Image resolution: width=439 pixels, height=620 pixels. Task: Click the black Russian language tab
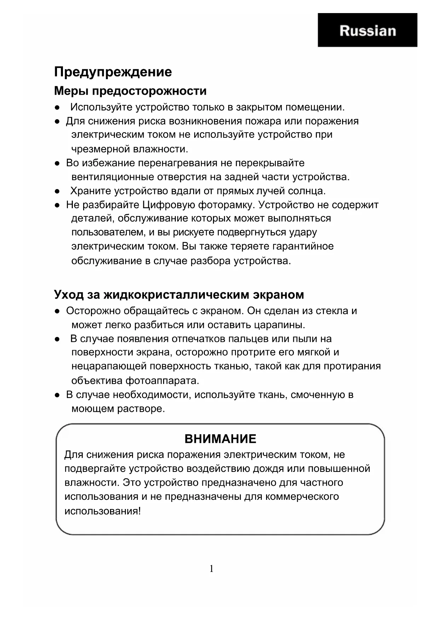[367, 30]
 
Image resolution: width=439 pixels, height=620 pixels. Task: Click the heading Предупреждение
[113, 72]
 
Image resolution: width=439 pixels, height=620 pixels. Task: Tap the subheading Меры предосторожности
[130, 91]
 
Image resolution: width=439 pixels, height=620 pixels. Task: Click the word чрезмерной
[101, 149]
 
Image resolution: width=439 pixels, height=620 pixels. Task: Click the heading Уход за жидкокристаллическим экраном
[179, 294]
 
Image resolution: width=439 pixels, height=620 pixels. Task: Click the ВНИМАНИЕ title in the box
[220, 439]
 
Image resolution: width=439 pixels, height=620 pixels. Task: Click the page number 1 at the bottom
[212, 569]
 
